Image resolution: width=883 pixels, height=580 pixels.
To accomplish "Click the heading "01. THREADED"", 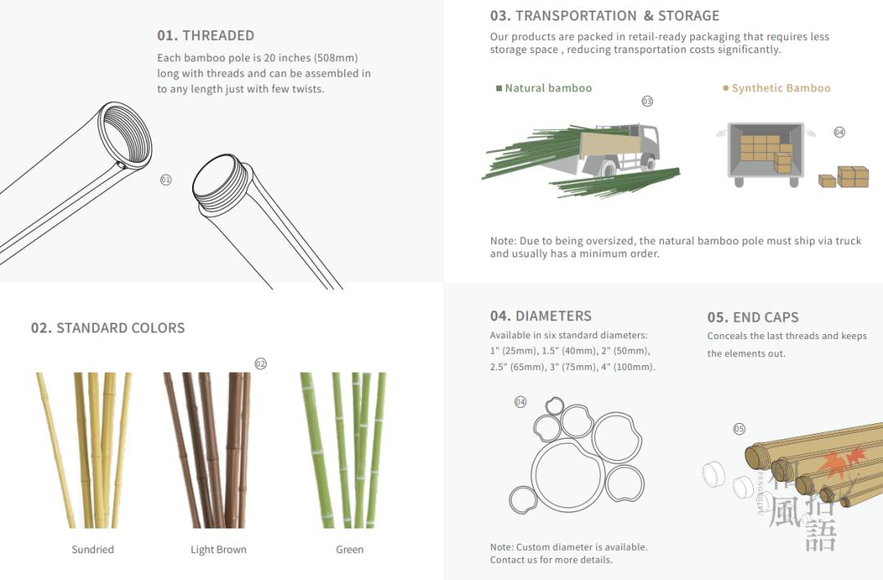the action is pos(205,35).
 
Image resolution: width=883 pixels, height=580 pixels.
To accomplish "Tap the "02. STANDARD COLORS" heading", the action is pos(108,328).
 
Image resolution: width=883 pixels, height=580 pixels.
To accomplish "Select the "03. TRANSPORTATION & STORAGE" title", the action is pos(605,16).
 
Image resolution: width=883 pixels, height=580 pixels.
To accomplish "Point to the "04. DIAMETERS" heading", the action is pos(540,316).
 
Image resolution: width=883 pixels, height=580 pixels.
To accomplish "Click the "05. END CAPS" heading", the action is pos(753,317).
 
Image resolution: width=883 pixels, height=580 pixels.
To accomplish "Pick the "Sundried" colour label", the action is pos(92,549).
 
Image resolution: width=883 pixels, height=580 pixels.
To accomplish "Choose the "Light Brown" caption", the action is pos(218,550).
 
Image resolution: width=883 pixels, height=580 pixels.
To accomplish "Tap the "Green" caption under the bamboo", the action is pos(350,549).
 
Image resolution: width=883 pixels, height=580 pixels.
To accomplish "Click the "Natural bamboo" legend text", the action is pos(549,87).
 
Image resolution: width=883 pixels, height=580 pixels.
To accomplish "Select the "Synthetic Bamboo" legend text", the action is pos(781,87).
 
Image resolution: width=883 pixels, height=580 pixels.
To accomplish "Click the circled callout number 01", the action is pos(165,180).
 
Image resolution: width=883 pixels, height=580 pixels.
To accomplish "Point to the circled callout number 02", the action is pos(260,364).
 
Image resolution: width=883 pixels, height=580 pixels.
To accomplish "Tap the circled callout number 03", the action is pos(647,101).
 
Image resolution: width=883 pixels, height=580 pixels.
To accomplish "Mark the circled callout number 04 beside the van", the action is pos(839,132).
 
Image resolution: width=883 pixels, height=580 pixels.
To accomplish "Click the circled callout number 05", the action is pos(739,429).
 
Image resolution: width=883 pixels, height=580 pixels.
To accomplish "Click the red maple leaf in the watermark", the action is pos(841,462).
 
